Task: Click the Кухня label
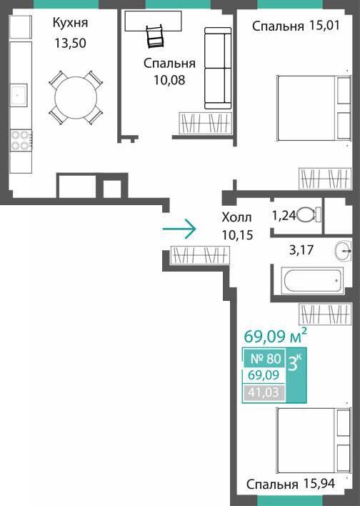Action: tap(70, 24)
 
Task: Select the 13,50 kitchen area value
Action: tap(70, 44)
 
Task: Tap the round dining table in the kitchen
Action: tap(76, 97)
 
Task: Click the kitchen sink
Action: tap(19, 95)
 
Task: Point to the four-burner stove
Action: tap(21, 140)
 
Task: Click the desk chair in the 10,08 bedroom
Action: tap(156, 36)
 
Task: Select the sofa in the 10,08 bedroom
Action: tap(218, 68)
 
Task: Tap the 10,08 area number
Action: tap(169, 80)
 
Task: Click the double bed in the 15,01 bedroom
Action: tap(314, 108)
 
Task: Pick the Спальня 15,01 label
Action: tap(296, 26)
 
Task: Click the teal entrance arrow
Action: tap(179, 229)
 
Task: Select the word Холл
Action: tap(236, 217)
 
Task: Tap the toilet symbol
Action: tap(309, 215)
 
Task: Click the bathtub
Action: tap(312, 280)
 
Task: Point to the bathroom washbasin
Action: tap(343, 252)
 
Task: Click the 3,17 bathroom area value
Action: tap(301, 250)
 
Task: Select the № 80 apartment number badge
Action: tap(264, 358)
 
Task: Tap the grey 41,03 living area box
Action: tap(264, 393)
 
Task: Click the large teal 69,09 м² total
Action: tap(275, 336)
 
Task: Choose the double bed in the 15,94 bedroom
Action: tap(314, 440)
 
